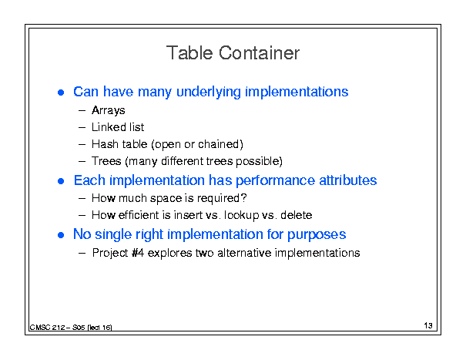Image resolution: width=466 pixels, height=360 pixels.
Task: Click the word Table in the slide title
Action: click(189, 53)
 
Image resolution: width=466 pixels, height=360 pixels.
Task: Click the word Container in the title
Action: click(259, 53)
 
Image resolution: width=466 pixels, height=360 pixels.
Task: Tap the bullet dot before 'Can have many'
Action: click(61, 93)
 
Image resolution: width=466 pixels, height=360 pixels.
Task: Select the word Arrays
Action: click(108, 110)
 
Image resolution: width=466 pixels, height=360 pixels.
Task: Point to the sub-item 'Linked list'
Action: click(118, 127)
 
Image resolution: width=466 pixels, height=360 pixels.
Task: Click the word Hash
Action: click(105, 144)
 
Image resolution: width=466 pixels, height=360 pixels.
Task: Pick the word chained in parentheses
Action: click(219, 144)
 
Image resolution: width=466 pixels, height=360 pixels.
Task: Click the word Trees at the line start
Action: click(106, 161)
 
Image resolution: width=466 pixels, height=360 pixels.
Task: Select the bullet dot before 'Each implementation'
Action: click(61, 181)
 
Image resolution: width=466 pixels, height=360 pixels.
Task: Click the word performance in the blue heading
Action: click(275, 180)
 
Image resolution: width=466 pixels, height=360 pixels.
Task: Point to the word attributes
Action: click(348, 180)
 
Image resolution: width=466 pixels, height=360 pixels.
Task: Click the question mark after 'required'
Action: click(244, 198)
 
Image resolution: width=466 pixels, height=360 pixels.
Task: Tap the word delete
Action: click(297, 215)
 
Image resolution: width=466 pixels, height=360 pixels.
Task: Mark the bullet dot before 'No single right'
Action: click(61, 235)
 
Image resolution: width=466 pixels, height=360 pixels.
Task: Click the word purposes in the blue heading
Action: click(317, 235)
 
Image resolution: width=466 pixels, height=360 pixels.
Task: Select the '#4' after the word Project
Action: click(138, 253)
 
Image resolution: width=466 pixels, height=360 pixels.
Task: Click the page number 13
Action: click(428, 325)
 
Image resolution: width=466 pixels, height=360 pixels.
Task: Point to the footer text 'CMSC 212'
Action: click(47, 328)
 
